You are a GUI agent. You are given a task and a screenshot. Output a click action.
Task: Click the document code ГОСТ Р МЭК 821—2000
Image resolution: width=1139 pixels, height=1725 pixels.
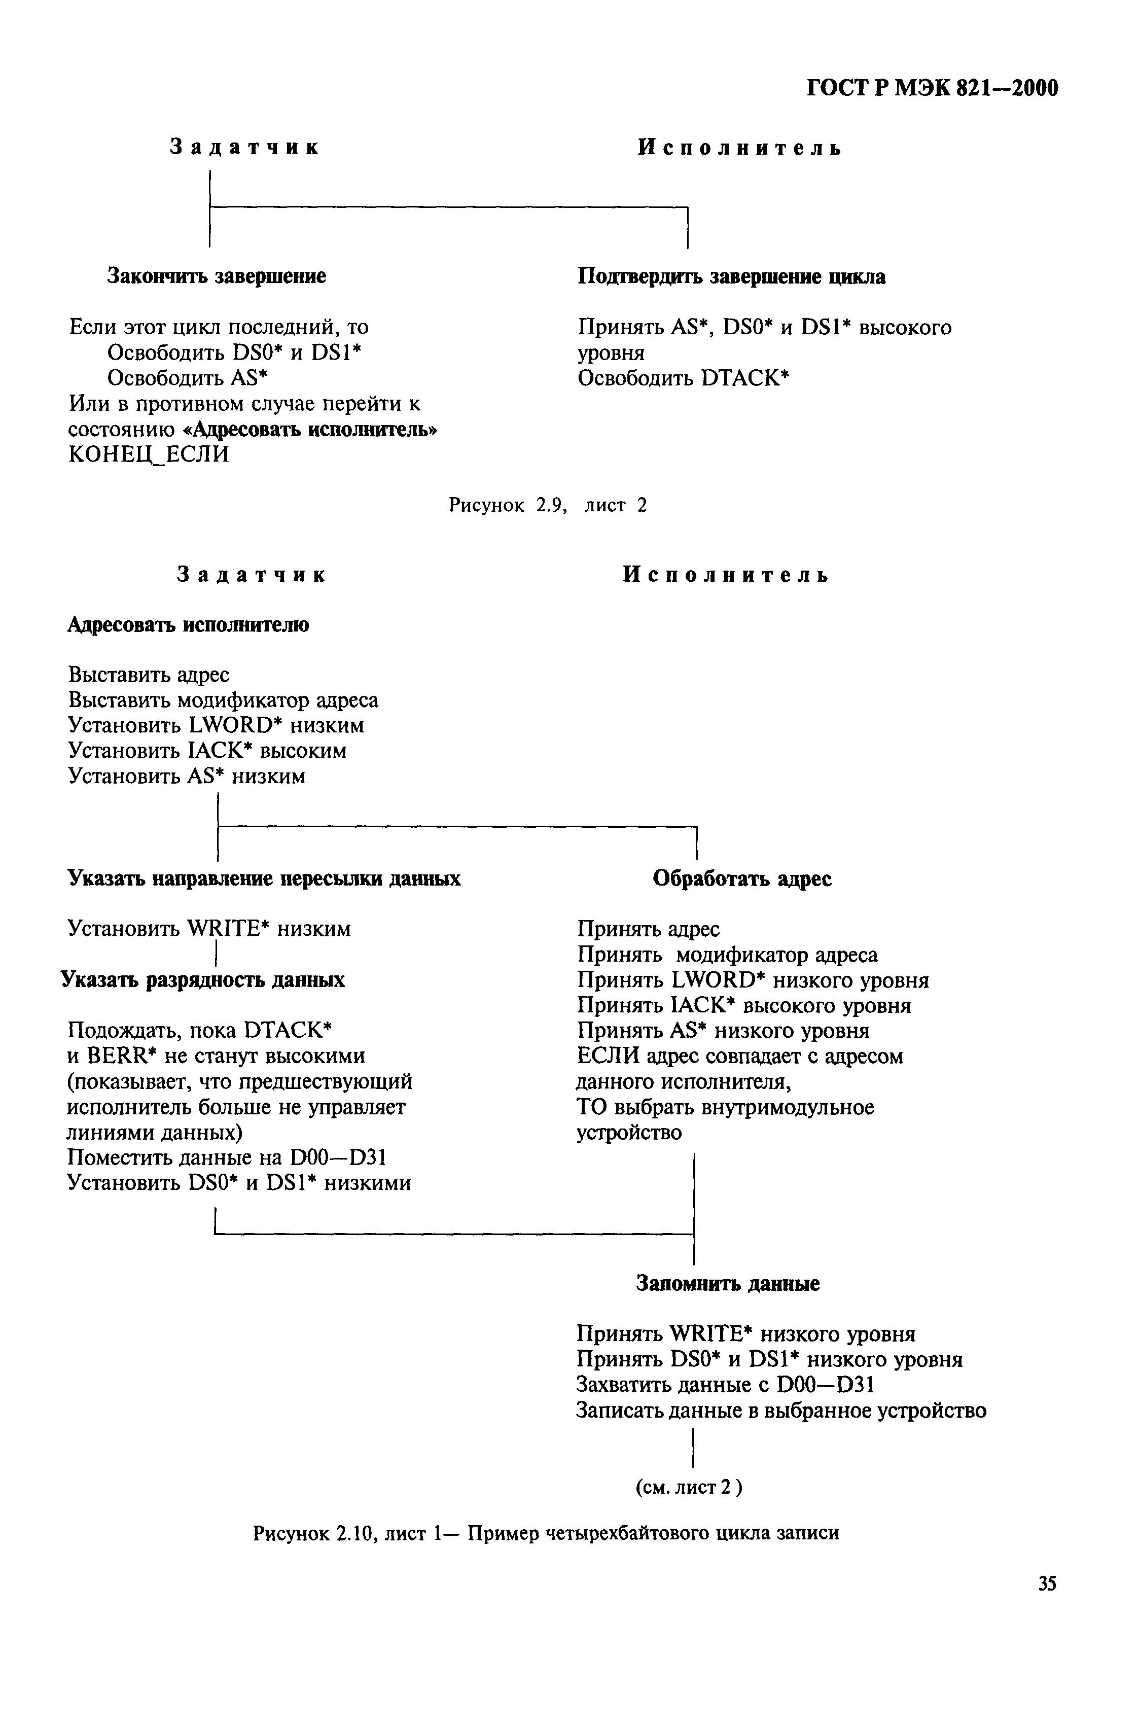932,89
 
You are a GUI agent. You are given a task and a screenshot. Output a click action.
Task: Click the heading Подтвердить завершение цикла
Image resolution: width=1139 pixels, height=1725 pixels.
731,277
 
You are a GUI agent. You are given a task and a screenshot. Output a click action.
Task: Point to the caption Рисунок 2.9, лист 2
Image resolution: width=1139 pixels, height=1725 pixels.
547,505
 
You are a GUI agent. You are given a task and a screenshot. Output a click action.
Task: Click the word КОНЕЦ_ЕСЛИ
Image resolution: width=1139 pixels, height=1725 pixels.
148,454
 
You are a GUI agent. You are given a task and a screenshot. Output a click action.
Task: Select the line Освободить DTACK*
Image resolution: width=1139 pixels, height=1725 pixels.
683,378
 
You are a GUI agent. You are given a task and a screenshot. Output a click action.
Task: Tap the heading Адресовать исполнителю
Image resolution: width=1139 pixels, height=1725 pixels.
188,625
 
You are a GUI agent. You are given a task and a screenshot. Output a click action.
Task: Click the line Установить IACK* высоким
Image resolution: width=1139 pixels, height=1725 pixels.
207,750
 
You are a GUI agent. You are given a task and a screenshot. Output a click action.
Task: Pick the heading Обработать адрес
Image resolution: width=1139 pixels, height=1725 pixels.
741,879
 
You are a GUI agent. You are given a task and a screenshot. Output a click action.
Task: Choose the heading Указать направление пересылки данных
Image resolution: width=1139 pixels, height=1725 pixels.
264,879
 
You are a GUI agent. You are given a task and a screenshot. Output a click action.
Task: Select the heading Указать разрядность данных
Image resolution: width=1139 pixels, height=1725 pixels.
203,980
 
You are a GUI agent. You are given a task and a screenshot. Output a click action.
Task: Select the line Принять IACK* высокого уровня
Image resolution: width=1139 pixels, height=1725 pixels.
744,1006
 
